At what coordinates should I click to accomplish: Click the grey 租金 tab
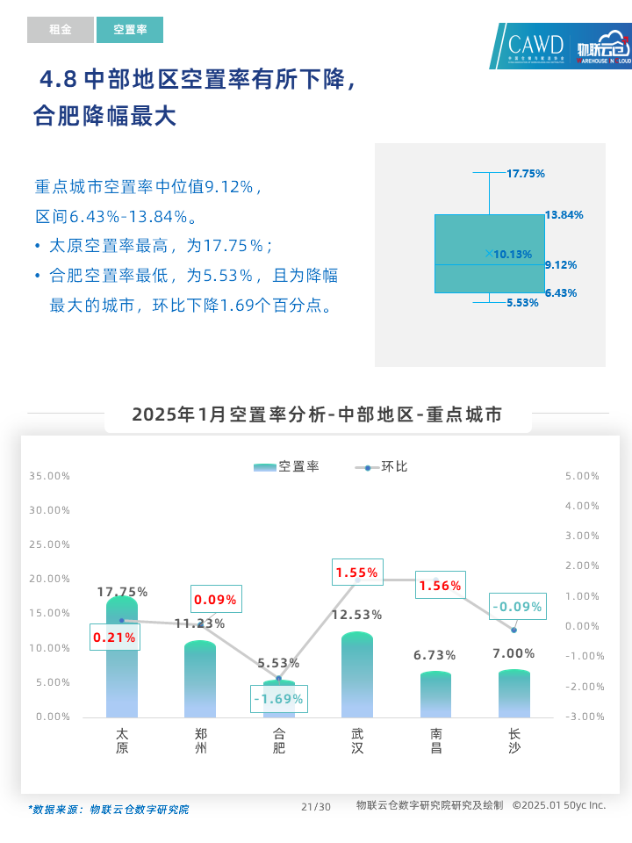click(60, 30)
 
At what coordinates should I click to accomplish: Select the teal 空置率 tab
click(130, 30)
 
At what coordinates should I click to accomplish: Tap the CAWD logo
click(536, 46)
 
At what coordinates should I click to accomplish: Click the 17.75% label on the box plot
click(526, 173)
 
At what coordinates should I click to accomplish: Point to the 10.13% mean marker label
click(513, 255)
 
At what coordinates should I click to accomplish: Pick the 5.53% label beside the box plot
click(522, 303)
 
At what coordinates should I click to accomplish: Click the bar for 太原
click(122, 659)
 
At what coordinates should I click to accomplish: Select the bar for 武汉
click(357, 676)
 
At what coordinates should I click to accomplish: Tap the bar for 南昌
click(435, 695)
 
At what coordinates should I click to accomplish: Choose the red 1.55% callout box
click(357, 573)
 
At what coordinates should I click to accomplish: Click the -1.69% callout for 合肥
click(278, 699)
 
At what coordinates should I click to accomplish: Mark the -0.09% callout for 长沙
click(517, 606)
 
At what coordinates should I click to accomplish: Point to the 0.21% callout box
click(115, 638)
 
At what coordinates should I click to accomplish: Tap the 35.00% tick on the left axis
click(49, 476)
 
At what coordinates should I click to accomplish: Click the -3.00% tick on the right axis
click(582, 717)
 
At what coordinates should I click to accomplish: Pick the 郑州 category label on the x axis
click(200, 740)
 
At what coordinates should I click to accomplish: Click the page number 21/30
click(316, 807)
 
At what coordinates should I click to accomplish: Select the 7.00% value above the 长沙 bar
click(513, 653)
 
